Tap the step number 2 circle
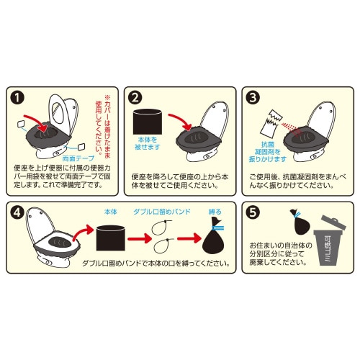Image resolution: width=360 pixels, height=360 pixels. [x=135, y=96]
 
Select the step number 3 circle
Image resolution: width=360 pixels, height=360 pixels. [x=251, y=96]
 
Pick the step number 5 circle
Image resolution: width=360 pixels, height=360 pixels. [x=251, y=214]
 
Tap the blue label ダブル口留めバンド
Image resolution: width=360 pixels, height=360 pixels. [x=163, y=213]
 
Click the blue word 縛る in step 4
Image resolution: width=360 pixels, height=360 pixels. [x=215, y=212]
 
